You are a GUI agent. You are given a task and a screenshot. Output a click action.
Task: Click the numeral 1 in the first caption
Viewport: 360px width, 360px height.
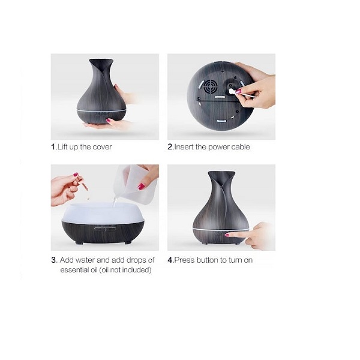(x=53, y=147)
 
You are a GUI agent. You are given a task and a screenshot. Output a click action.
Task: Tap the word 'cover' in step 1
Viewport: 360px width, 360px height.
(x=102, y=147)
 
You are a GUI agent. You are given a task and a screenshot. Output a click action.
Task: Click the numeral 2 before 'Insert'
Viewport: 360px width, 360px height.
(x=170, y=147)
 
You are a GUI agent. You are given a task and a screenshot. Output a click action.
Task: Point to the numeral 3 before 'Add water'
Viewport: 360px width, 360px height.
(x=54, y=260)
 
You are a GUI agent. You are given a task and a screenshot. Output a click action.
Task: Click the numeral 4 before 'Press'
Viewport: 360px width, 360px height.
(x=170, y=260)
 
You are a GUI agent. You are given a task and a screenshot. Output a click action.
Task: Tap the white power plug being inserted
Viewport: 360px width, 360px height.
(x=232, y=92)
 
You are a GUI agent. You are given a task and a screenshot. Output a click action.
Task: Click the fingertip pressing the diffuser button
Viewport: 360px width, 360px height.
(x=227, y=235)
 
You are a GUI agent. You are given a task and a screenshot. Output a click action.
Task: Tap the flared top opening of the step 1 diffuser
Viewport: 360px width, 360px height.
(x=101, y=62)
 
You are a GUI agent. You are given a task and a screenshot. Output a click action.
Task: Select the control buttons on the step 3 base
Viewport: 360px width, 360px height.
(x=104, y=229)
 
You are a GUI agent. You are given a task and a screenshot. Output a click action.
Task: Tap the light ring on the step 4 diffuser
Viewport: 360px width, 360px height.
(x=221, y=230)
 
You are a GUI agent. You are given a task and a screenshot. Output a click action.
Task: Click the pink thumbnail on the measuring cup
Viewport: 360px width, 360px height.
(x=141, y=186)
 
